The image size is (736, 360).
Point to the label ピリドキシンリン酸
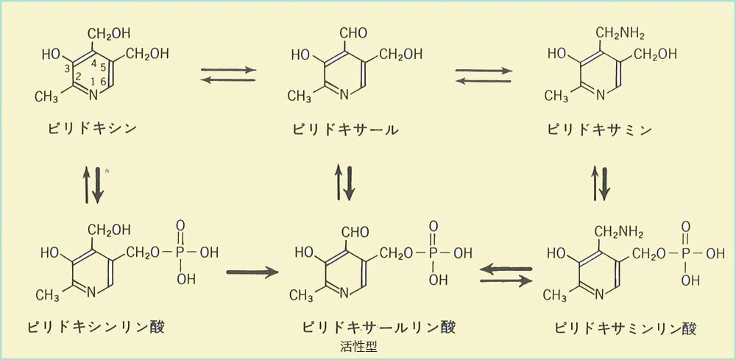pyautogui.click(x=96, y=326)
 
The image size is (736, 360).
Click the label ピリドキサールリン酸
pyautogui.click(x=378, y=326)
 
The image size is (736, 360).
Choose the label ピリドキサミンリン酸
pyautogui.click(x=626, y=326)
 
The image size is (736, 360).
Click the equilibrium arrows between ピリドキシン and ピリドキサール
pyautogui.click(x=228, y=75)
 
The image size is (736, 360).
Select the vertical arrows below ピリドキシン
pyautogui.click(x=93, y=183)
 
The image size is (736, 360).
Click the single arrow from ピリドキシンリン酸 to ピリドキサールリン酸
pyautogui.click(x=252, y=272)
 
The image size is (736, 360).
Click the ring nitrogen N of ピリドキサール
pyautogui.click(x=344, y=94)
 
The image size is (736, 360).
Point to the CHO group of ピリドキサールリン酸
pyautogui.click(x=355, y=233)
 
